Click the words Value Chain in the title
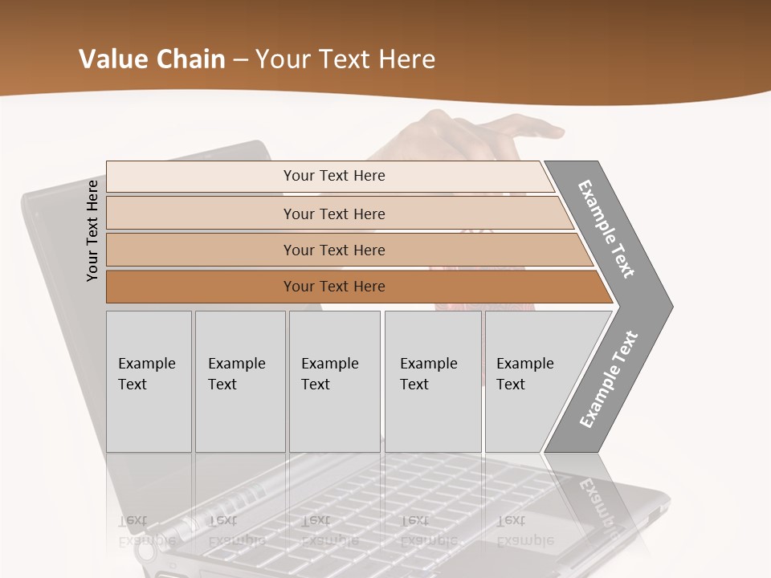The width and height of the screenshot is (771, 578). (x=152, y=59)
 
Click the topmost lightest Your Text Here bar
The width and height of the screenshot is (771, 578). (x=333, y=176)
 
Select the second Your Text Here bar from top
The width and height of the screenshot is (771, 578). (x=333, y=214)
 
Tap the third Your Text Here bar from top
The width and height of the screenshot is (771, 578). (x=333, y=250)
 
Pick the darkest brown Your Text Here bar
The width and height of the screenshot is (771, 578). (x=333, y=287)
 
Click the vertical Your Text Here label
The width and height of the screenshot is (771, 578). (x=92, y=230)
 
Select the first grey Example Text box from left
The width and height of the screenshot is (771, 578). (x=149, y=381)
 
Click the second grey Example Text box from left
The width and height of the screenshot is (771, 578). (x=239, y=381)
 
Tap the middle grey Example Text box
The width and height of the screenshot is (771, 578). (x=334, y=381)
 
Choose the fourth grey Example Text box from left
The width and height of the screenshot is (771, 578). (x=433, y=381)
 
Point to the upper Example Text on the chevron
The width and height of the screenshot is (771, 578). (x=607, y=229)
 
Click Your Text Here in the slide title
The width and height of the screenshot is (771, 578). (x=345, y=59)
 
